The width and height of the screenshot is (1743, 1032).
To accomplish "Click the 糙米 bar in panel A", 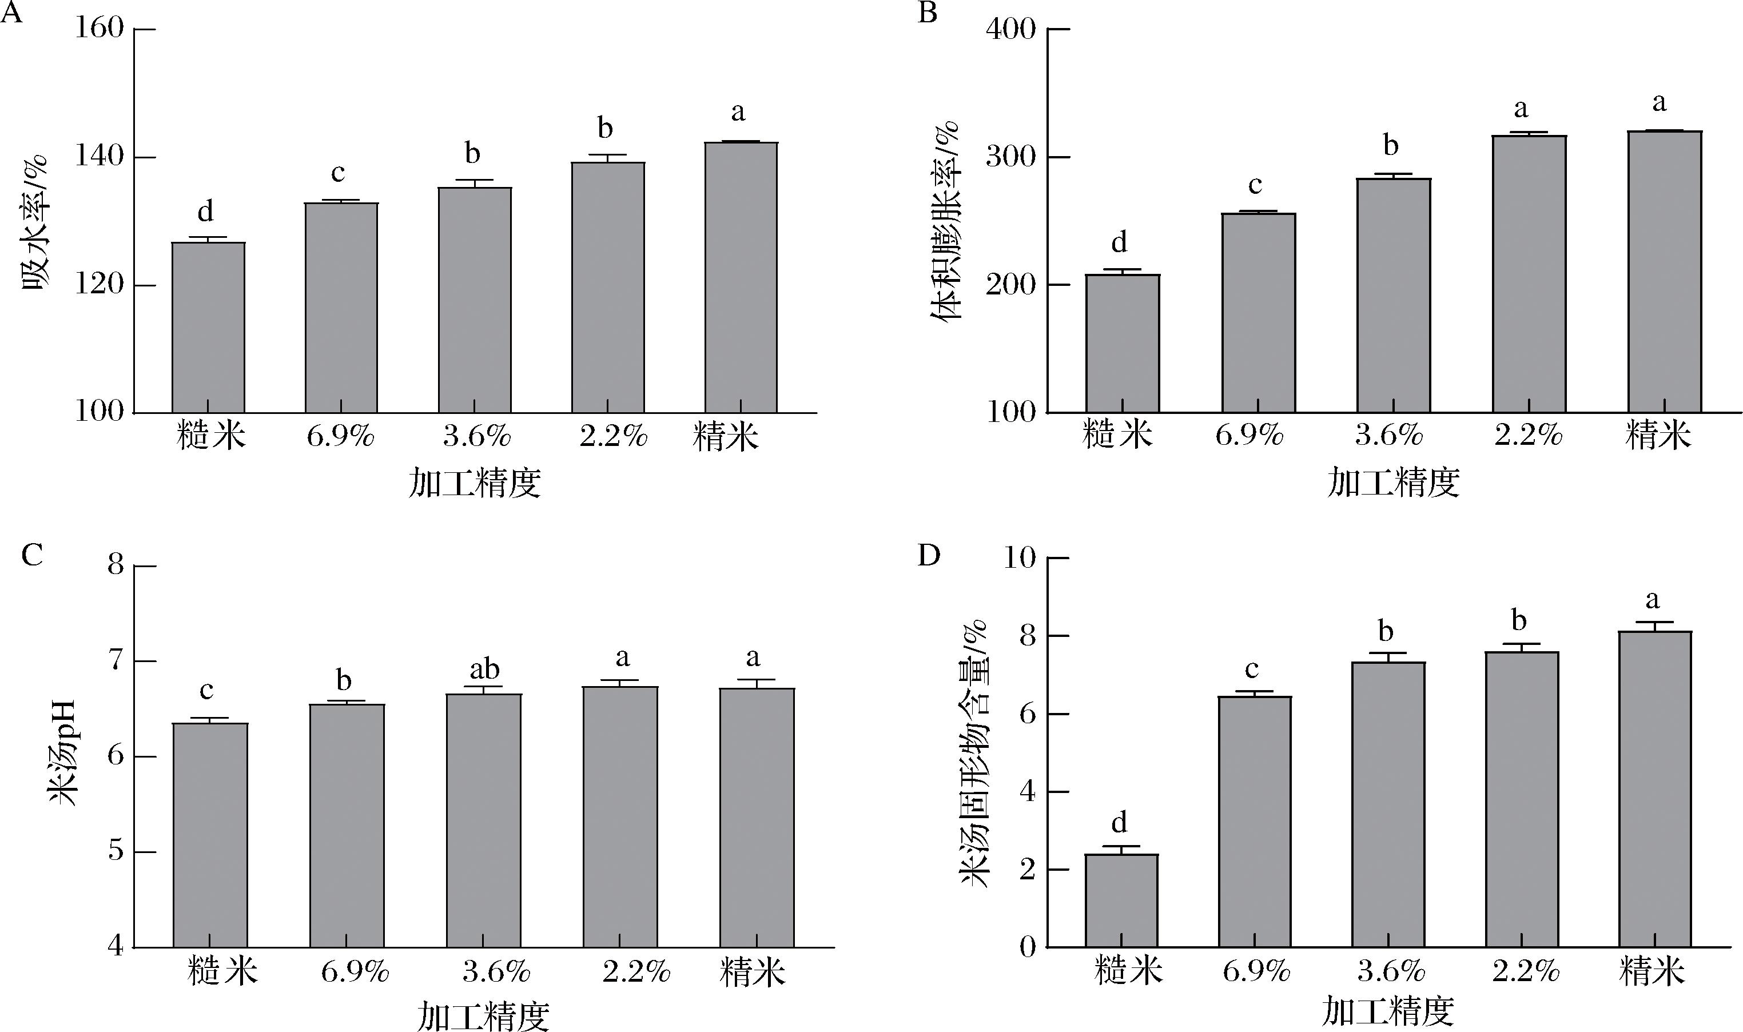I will pos(208,327).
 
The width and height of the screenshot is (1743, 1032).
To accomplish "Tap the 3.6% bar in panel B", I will pos(1393,296).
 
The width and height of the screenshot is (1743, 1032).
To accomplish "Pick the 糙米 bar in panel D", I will pos(1121,900).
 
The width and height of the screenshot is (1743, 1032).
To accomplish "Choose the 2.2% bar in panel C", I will pos(620,816).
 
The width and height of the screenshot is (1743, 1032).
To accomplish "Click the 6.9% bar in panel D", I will pos(1255,821).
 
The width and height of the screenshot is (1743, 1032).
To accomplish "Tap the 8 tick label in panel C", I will pos(116,565).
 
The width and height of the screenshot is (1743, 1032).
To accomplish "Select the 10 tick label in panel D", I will pos(1019,557).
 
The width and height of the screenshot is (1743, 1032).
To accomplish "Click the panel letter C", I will pos(32,556).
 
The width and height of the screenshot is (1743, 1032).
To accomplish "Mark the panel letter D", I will pos(929,556).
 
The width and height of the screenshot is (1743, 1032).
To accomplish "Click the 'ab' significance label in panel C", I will pos(484,669).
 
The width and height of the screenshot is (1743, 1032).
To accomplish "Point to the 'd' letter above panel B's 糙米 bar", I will pos(1119,242).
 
